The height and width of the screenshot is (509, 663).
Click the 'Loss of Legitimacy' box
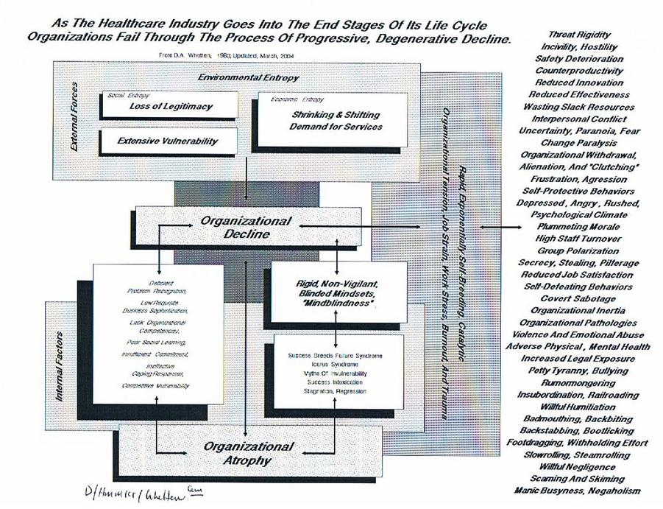170,106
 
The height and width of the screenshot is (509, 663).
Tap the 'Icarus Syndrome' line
335,365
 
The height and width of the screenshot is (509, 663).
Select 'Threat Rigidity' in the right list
580,35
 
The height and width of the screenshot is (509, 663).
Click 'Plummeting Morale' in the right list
580,228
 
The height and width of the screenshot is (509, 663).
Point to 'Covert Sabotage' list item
580,298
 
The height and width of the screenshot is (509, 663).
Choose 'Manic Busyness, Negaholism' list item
580,491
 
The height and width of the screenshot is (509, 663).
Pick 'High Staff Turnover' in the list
580,239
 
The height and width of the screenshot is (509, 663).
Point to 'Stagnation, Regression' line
335,390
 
